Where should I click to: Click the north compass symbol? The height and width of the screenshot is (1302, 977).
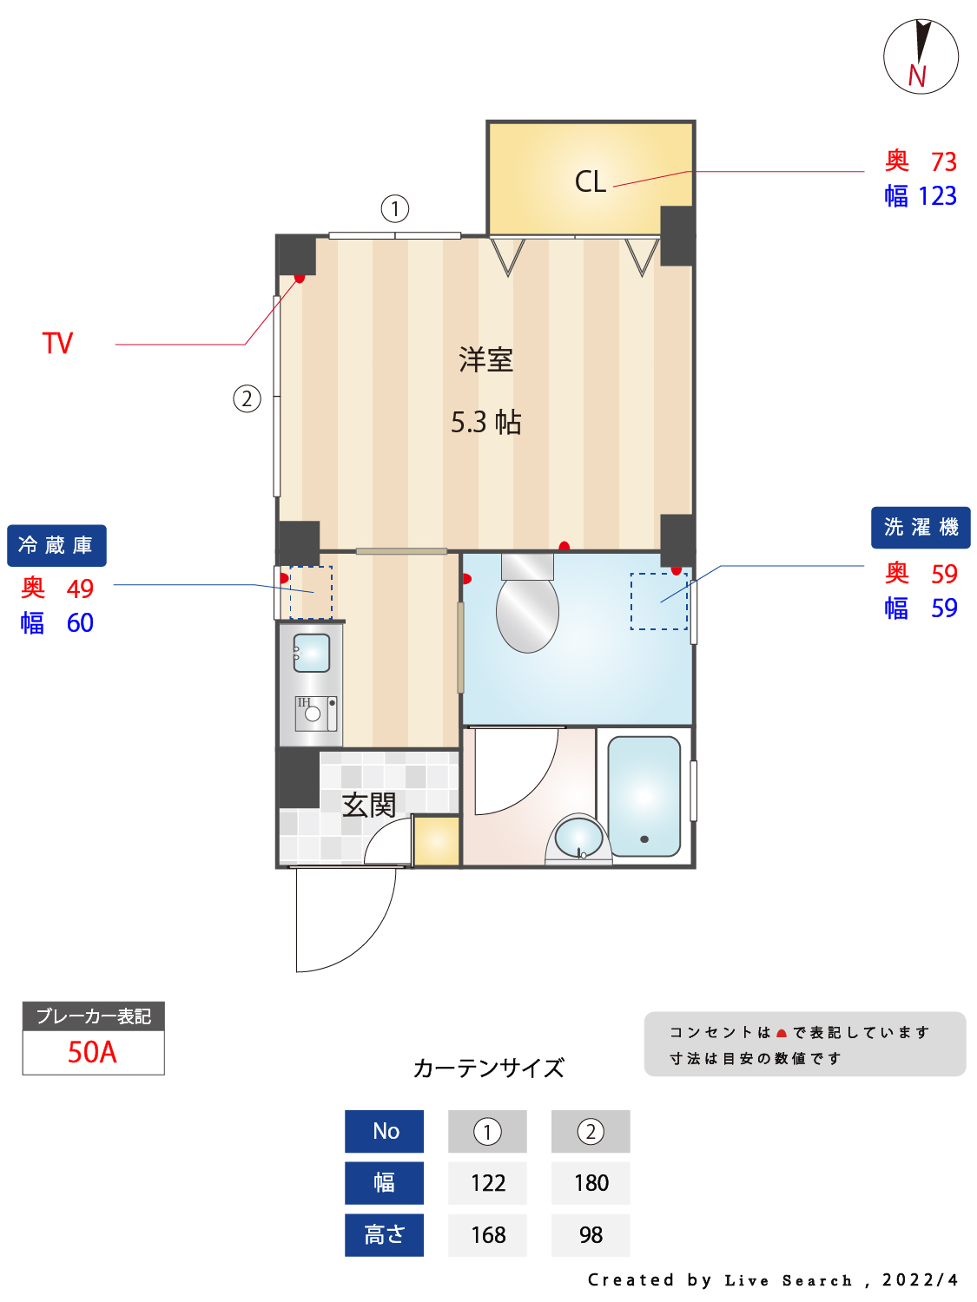coord(920,56)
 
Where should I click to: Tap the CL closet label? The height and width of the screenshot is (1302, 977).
coord(590,181)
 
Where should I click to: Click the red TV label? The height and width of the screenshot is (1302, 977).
coord(57,343)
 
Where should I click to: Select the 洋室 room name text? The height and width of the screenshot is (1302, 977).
coord(485,359)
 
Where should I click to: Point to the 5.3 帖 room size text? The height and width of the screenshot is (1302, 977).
coord(485,422)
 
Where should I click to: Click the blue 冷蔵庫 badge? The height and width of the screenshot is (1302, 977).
coord(56,544)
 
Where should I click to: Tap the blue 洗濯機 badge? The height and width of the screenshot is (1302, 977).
coord(920,527)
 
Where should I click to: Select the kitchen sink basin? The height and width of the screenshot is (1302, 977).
coord(311,653)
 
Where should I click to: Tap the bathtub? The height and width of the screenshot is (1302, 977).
coord(644,796)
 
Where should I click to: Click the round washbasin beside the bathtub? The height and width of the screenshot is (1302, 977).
coord(578,838)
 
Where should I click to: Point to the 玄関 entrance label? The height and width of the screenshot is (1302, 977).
coord(368,805)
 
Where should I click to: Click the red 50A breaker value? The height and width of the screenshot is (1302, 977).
coord(93,1052)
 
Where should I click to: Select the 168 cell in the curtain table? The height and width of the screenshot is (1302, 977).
coord(487,1234)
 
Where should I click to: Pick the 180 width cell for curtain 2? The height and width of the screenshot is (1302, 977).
coord(591,1182)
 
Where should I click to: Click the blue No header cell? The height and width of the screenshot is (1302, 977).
coord(384,1131)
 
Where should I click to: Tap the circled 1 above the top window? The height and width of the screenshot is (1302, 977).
coord(394,209)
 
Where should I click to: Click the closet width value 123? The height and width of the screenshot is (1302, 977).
coord(937,196)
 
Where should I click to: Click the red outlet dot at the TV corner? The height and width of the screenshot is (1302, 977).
coord(300,278)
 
